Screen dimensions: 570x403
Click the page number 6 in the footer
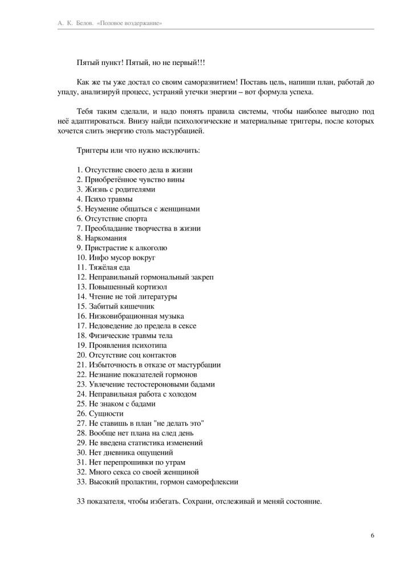click(x=372, y=535)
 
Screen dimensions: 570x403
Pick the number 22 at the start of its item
click(x=80, y=374)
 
